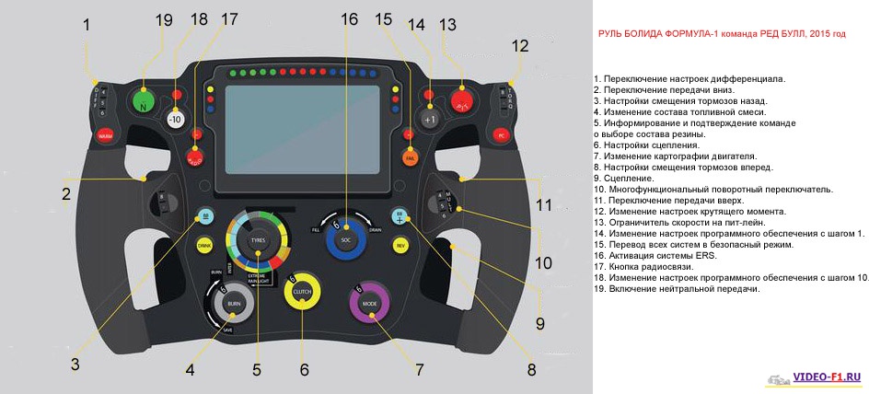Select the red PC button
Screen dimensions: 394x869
[x=501, y=134]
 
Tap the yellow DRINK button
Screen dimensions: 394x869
[x=204, y=246]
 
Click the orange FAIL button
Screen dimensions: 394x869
[x=409, y=157]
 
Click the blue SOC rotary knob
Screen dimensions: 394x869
[x=346, y=239]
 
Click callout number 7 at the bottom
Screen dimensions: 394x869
[x=419, y=370]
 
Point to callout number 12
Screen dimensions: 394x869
[x=520, y=44]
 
